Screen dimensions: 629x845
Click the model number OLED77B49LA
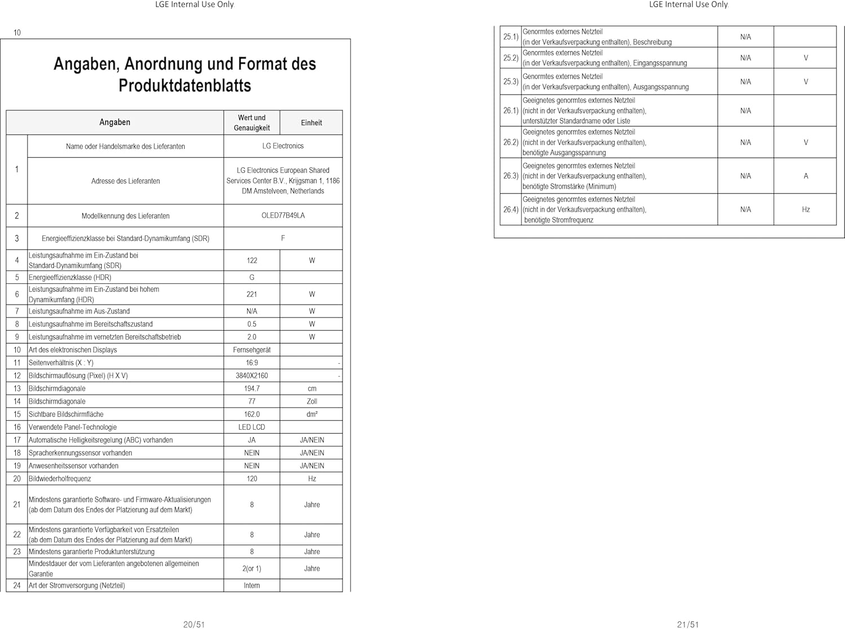pyautogui.click(x=283, y=216)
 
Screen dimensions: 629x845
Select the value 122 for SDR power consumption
pyautogui.click(x=252, y=261)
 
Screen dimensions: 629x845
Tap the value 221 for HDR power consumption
pyautogui.click(x=252, y=295)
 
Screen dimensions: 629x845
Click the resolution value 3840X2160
pyautogui.click(x=252, y=376)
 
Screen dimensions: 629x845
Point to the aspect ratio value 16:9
pyautogui.click(x=252, y=363)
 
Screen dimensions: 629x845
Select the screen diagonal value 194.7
pyautogui.click(x=252, y=389)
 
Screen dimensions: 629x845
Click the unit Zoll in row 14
pyautogui.click(x=312, y=402)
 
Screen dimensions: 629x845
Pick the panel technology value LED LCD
pyautogui.click(x=252, y=427)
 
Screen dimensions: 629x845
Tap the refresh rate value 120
pyautogui.click(x=252, y=479)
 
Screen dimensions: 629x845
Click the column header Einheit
pyautogui.click(x=312, y=123)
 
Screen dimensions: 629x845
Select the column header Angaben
pyautogui.click(x=115, y=122)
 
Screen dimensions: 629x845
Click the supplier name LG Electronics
pyautogui.click(x=283, y=146)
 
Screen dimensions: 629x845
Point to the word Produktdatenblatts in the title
pyautogui.click(x=185, y=86)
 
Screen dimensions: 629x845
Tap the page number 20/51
pyautogui.click(x=194, y=624)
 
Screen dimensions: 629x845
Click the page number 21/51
pyautogui.click(x=688, y=624)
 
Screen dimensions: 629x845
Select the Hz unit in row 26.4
pyautogui.click(x=806, y=209)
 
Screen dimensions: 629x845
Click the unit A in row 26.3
pyautogui.click(x=806, y=176)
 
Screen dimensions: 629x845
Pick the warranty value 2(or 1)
pyautogui.click(x=252, y=569)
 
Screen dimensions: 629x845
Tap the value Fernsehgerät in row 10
pyautogui.click(x=252, y=350)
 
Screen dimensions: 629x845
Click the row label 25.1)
pyautogui.click(x=510, y=37)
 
